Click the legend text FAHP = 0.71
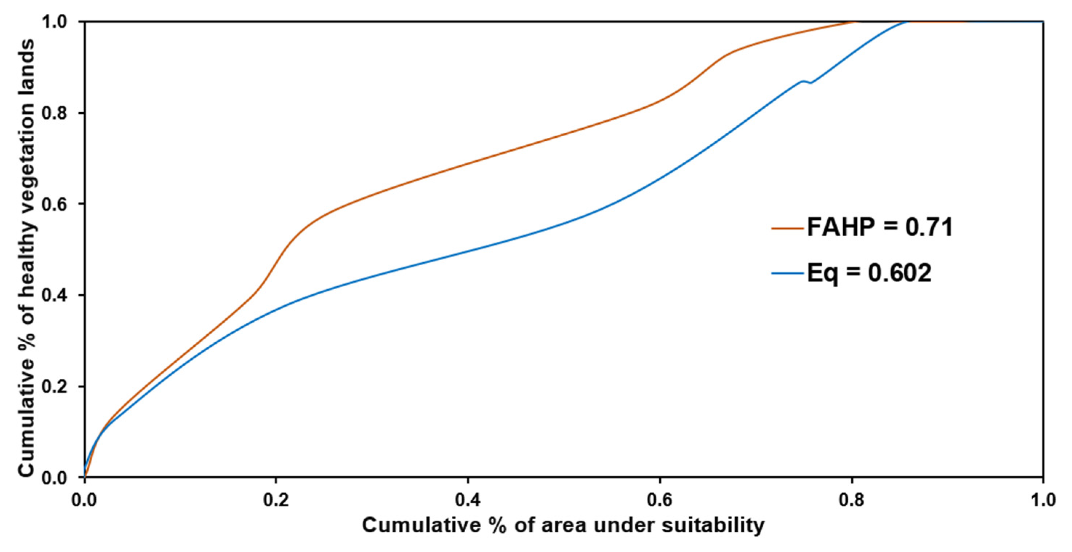pyautogui.click(x=880, y=228)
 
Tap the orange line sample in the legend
pyautogui.click(x=787, y=228)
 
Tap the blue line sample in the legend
pyautogui.click(x=787, y=273)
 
